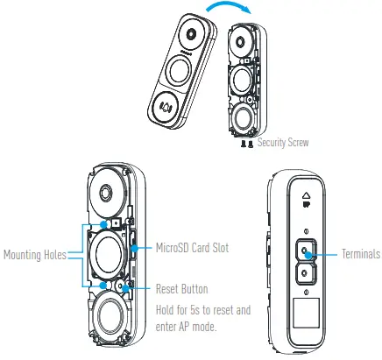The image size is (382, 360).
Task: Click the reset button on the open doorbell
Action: [127, 286]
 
